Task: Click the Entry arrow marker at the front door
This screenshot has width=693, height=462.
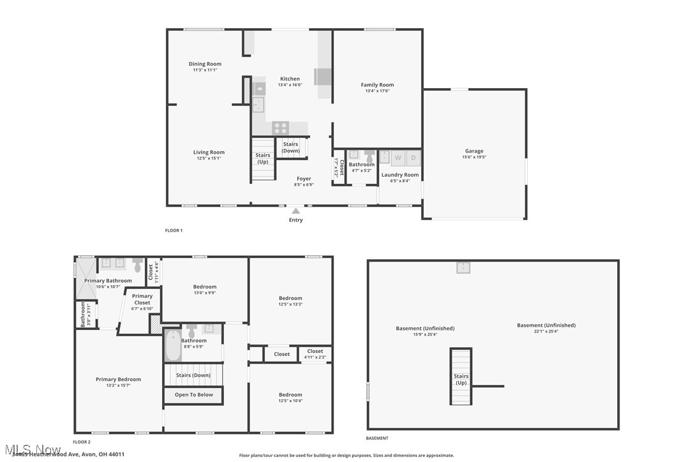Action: click(x=295, y=211)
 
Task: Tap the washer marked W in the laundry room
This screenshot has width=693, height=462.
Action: click(x=398, y=158)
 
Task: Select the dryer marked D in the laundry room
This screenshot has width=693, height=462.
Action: click(x=413, y=158)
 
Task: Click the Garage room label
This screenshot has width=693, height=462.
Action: click(x=473, y=151)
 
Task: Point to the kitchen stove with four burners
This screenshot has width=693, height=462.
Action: click(x=281, y=128)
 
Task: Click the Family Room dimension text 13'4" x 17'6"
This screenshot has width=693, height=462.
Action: click(x=377, y=91)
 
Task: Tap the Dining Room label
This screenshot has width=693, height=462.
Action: click(x=205, y=64)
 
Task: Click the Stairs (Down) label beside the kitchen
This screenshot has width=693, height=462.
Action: click(x=290, y=147)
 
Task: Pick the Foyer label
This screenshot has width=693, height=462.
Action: click(x=304, y=179)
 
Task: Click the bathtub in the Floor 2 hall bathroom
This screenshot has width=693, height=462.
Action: click(x=172, y=345)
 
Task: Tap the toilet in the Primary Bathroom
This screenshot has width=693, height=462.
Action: click(x=137, y=265)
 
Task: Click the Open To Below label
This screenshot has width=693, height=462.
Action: click(x=194, y=394)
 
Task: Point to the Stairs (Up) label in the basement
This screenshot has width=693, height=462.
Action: click(x=461, y=380)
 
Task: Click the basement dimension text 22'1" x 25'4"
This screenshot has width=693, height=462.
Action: click(x=546, y=331)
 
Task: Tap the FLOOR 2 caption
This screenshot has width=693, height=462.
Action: click(x=82, y=442)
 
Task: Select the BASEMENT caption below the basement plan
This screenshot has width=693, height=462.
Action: click(x=376, y=438)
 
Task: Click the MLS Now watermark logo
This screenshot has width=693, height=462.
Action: click(x=32, y=449)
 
